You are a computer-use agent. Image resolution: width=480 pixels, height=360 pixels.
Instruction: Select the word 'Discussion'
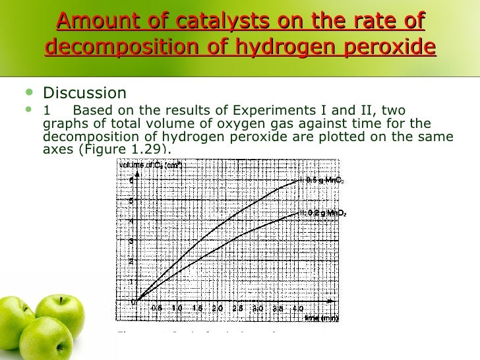pyautogui.click(x=84, y=93)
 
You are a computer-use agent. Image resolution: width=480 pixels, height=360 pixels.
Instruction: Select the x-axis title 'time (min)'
pyautogui.click(x=322, y=318)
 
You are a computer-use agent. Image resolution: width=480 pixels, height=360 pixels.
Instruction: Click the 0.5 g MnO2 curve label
pyautogui.click(x=322, y=180)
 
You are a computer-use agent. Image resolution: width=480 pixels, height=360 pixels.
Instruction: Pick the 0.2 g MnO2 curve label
pyautogui.click(x=324, y=213)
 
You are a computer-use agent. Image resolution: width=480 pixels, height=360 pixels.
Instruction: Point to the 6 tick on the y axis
pyautogui.click(x=132, y=180)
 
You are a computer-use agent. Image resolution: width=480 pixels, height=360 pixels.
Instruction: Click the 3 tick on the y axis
pyautogui.click(x=132, y=241)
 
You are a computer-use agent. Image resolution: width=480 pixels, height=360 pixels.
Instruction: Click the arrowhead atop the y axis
pyautogui.click(x=136, y=172)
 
